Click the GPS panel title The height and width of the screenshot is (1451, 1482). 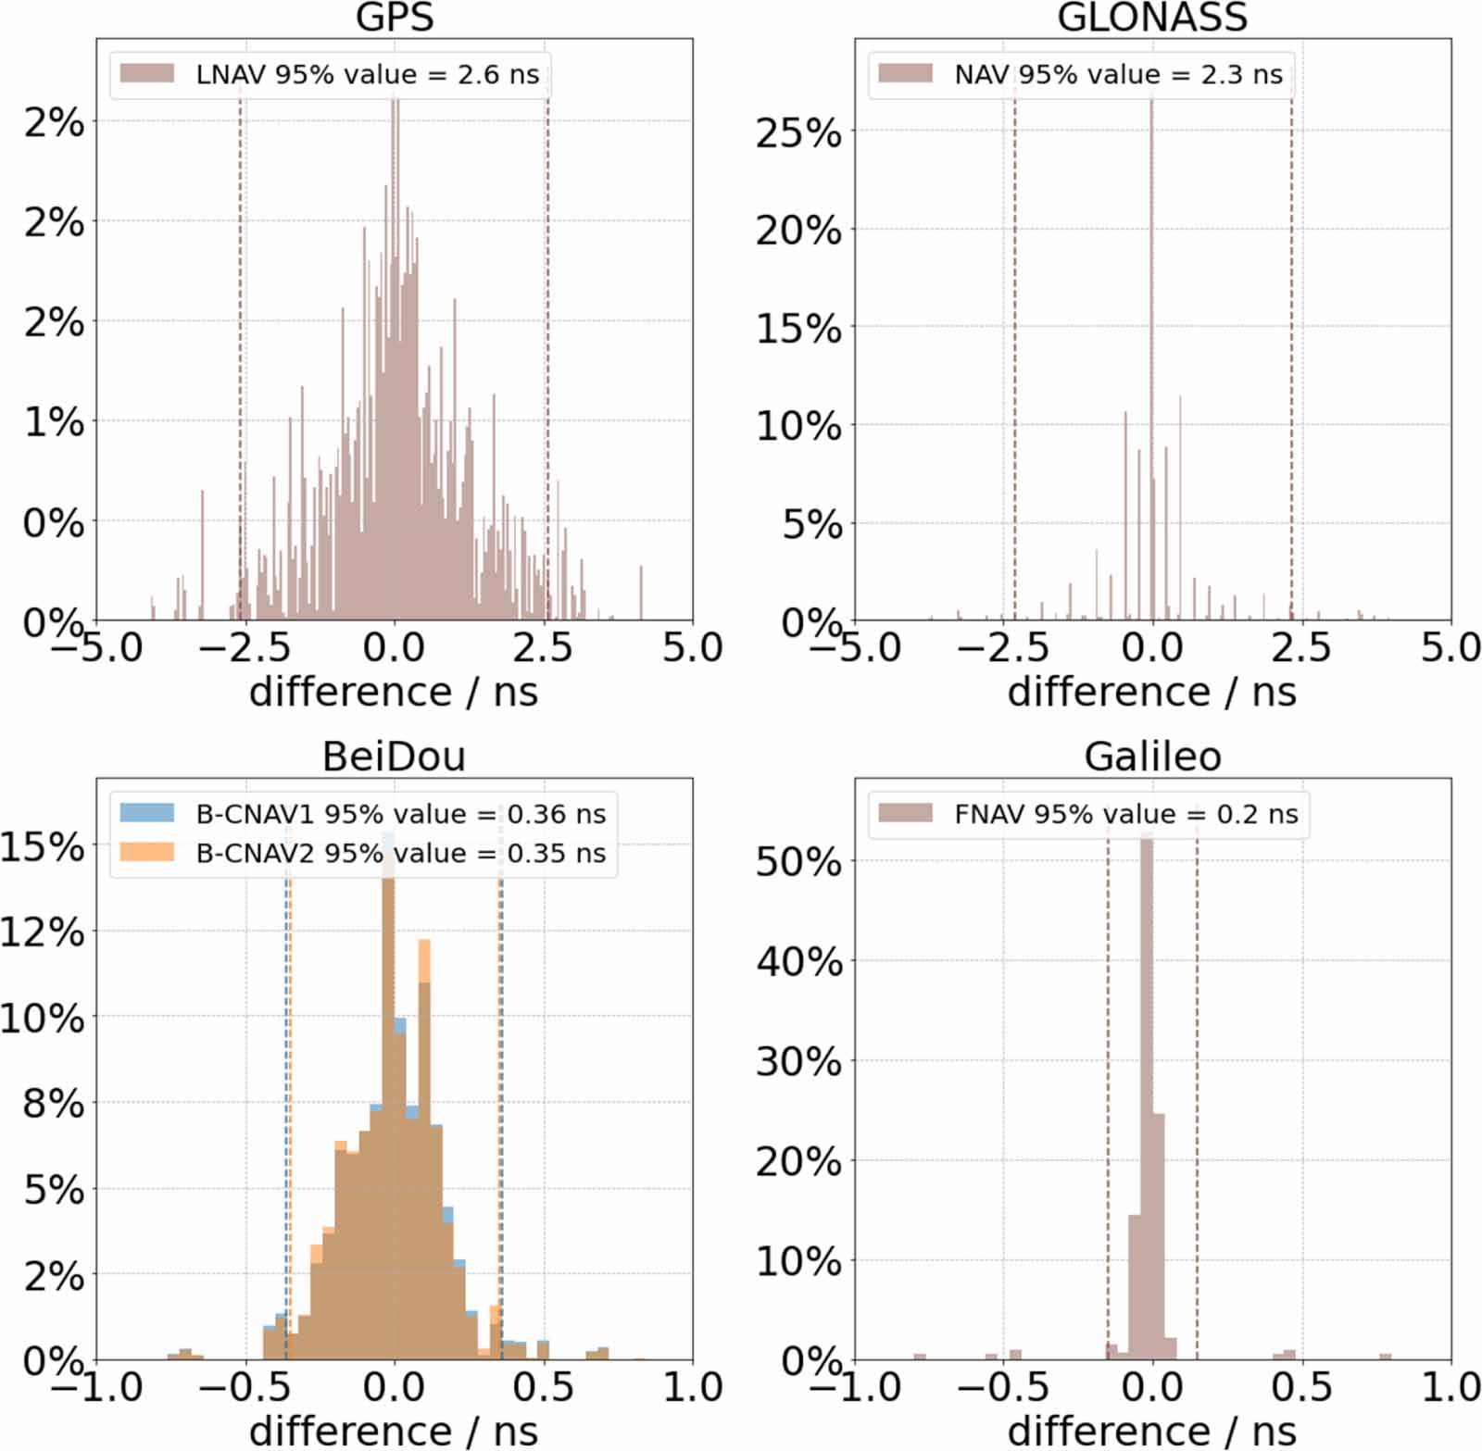pyautogui.click(x=395, y=18)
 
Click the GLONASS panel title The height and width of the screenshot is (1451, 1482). pyautogui.click(x=1152, y=18)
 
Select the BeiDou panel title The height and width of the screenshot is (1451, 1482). pyautogui.click(x=394, y=757)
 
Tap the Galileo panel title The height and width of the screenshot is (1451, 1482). pyautogui.click(x=1152, y=757)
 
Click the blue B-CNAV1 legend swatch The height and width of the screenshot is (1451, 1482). pyautogui.click(x=146, y=813)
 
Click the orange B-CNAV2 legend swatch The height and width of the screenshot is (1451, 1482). pyautogui.click(x=146, y=852)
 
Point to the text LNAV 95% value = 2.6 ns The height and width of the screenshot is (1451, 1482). pyautogui.click(x=367, y=75)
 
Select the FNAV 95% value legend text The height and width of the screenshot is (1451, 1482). pyautogui.click(x=1125, y=815)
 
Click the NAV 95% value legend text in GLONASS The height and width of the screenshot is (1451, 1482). pyautogui.click(x=1118, y=75)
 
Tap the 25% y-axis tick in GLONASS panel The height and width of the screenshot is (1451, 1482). pyautogui.click(x=798, y=133)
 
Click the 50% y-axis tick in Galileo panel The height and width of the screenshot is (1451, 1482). pyautogui.click(x=798, y=862)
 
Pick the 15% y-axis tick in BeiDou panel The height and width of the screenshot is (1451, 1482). pyautogui.click(x=43, y=846)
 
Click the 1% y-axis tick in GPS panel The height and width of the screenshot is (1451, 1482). pyautogui.click(x=54, y=422)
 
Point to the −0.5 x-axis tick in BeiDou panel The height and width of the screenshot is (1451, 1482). pyautogui.click(x=245, y=1387)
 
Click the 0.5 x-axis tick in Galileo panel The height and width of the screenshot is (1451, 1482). pyautogui.click(x=1300, y=1387)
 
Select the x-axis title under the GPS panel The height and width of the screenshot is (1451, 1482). pyautogui.click(x=394, y=692)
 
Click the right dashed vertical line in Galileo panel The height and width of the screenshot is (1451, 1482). pyautogui.click(x=1197, y=1111)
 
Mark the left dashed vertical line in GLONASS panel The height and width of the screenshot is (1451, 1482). pyautogui.click(x=1014, y=370)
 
